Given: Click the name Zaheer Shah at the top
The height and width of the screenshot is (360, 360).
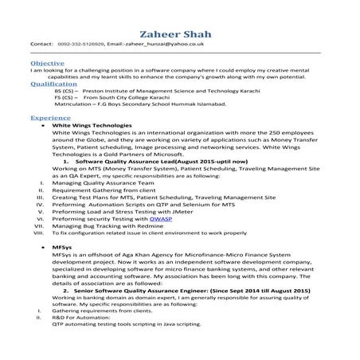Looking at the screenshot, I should (180, 33).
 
